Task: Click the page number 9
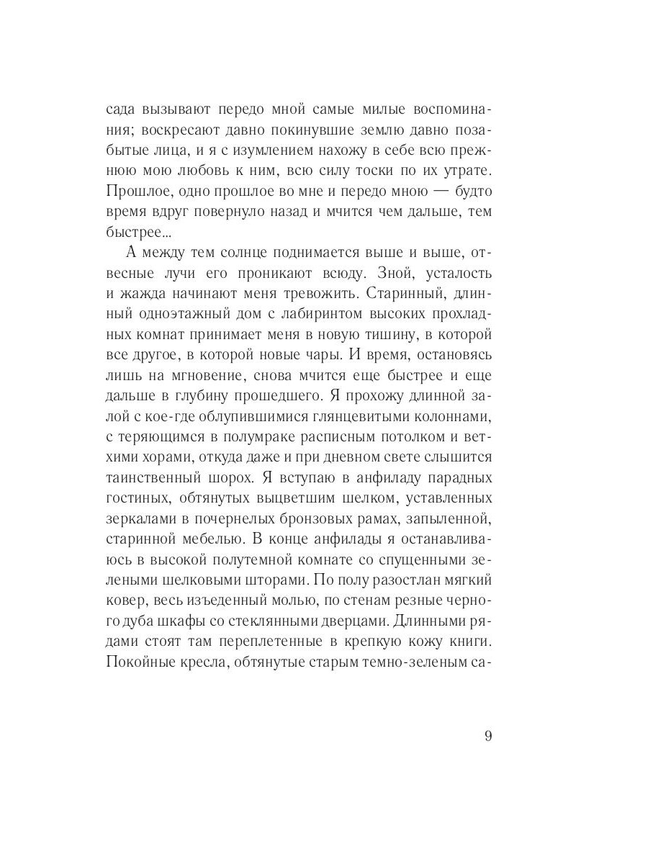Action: click(487, 737)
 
